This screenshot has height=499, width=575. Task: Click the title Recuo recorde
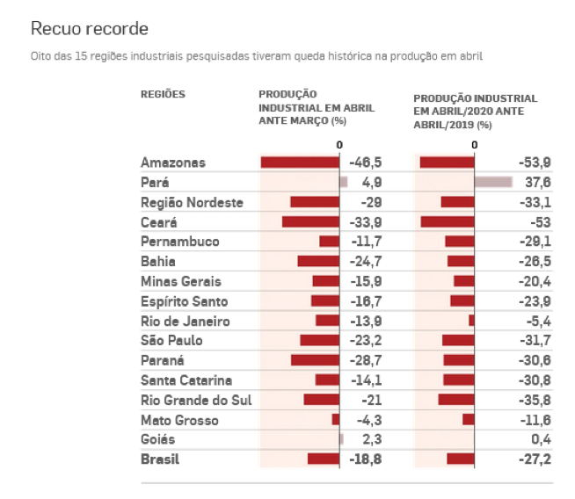pyautogui.click(x=89, y=28)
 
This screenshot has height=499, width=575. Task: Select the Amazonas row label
pyautogui.click(x=172, y=163)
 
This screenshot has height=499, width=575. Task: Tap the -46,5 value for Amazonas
pyautogui.click(x=366, y=163)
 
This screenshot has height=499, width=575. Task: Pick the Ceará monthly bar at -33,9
pyautogui.click(x=310, y=221)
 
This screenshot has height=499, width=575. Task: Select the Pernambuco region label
pyautogui.click(x=179, y=242)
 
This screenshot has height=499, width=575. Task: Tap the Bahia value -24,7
pyautogui.click(x=366, y=261)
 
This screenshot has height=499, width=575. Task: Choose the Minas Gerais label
pyautogui.click(x=180, y=281)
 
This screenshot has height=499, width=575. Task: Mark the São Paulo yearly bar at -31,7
pyautogui.click(x=458, y=340)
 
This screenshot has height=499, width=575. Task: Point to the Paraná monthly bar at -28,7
pyautogui.click(x=315, y=360)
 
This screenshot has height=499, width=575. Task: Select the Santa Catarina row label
pyautogui.click(x=186, y=380)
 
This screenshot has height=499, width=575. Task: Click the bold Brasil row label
pyautogui.click(x=159, y=459)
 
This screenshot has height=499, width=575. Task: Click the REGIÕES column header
pyautogui.click(x=163, y=94)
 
